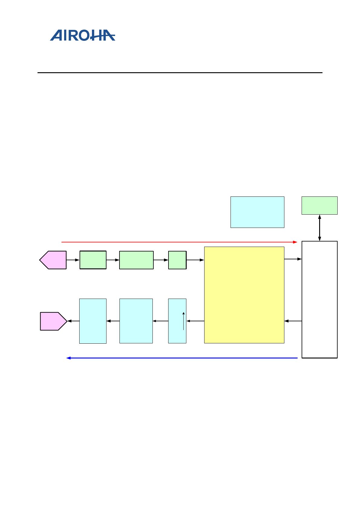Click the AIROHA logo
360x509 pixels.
[83, 35]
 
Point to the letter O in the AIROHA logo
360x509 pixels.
[90, 35]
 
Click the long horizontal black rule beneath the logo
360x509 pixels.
[180, 73]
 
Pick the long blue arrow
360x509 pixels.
[182, 358]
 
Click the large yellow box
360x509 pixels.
[244, 295]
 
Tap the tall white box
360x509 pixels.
[319, 299]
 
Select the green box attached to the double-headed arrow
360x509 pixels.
[319, 206]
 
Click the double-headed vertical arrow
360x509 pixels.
[319, 228]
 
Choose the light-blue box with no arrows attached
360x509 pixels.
[257, 212]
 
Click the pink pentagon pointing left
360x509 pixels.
[54, 260]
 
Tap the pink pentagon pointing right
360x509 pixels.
[53, 321]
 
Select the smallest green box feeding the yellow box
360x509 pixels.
[177, 260]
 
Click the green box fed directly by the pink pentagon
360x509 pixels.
[93, 260]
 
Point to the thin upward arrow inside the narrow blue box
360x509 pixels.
[183, 321]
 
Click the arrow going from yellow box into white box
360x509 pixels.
[293, 259]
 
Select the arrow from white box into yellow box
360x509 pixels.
[293, 321]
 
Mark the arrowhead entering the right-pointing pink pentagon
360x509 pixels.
[69, 321]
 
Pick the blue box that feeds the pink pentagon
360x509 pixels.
[93, 321]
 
